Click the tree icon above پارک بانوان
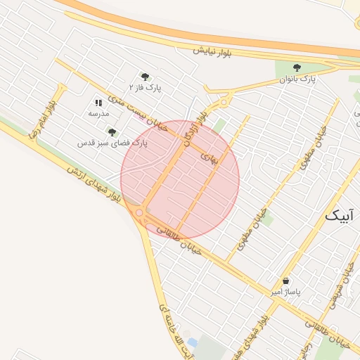pyautogui.click(x=296, y=68)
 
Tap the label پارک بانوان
pyautogui.click(x=298, y=80)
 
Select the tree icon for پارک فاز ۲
pyautogui.click(x=145, y=77)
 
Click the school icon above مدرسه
pyautogui.click(x=98, y=103)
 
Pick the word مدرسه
pyautogui.click(x=98, y=113)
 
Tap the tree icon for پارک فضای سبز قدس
pyautogui.click(x=112, y=131)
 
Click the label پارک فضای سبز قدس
pyautogui.click(x=112, y=143)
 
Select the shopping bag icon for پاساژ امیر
pyautogui.click(x=285, y=281)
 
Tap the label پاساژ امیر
pyautogui.click(x=286, y=291)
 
